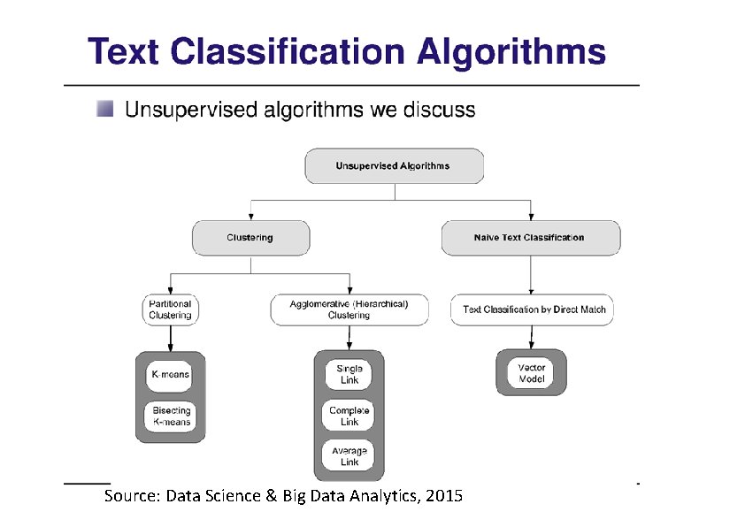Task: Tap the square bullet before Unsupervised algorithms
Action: coord(105,109)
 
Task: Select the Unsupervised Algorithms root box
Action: coord(394,166)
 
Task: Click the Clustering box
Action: coord(250,238)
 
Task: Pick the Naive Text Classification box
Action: coord(530,238)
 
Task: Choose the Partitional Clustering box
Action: coord(170,309)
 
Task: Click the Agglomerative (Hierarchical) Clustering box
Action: coord(349,309)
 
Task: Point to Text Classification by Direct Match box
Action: coord(534,309)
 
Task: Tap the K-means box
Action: coord(170,375)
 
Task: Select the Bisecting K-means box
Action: coord(171,416)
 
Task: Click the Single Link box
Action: coord(349,374)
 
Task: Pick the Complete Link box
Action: coord(349,416)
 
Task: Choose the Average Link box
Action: coord(349,456)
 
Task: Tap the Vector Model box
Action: coord(531,373)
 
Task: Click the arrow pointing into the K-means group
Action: coord(170,340)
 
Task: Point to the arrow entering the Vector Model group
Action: coord(531,339)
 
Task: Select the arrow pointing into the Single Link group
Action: coord(349,340)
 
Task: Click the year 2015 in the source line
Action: coord(443,496)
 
